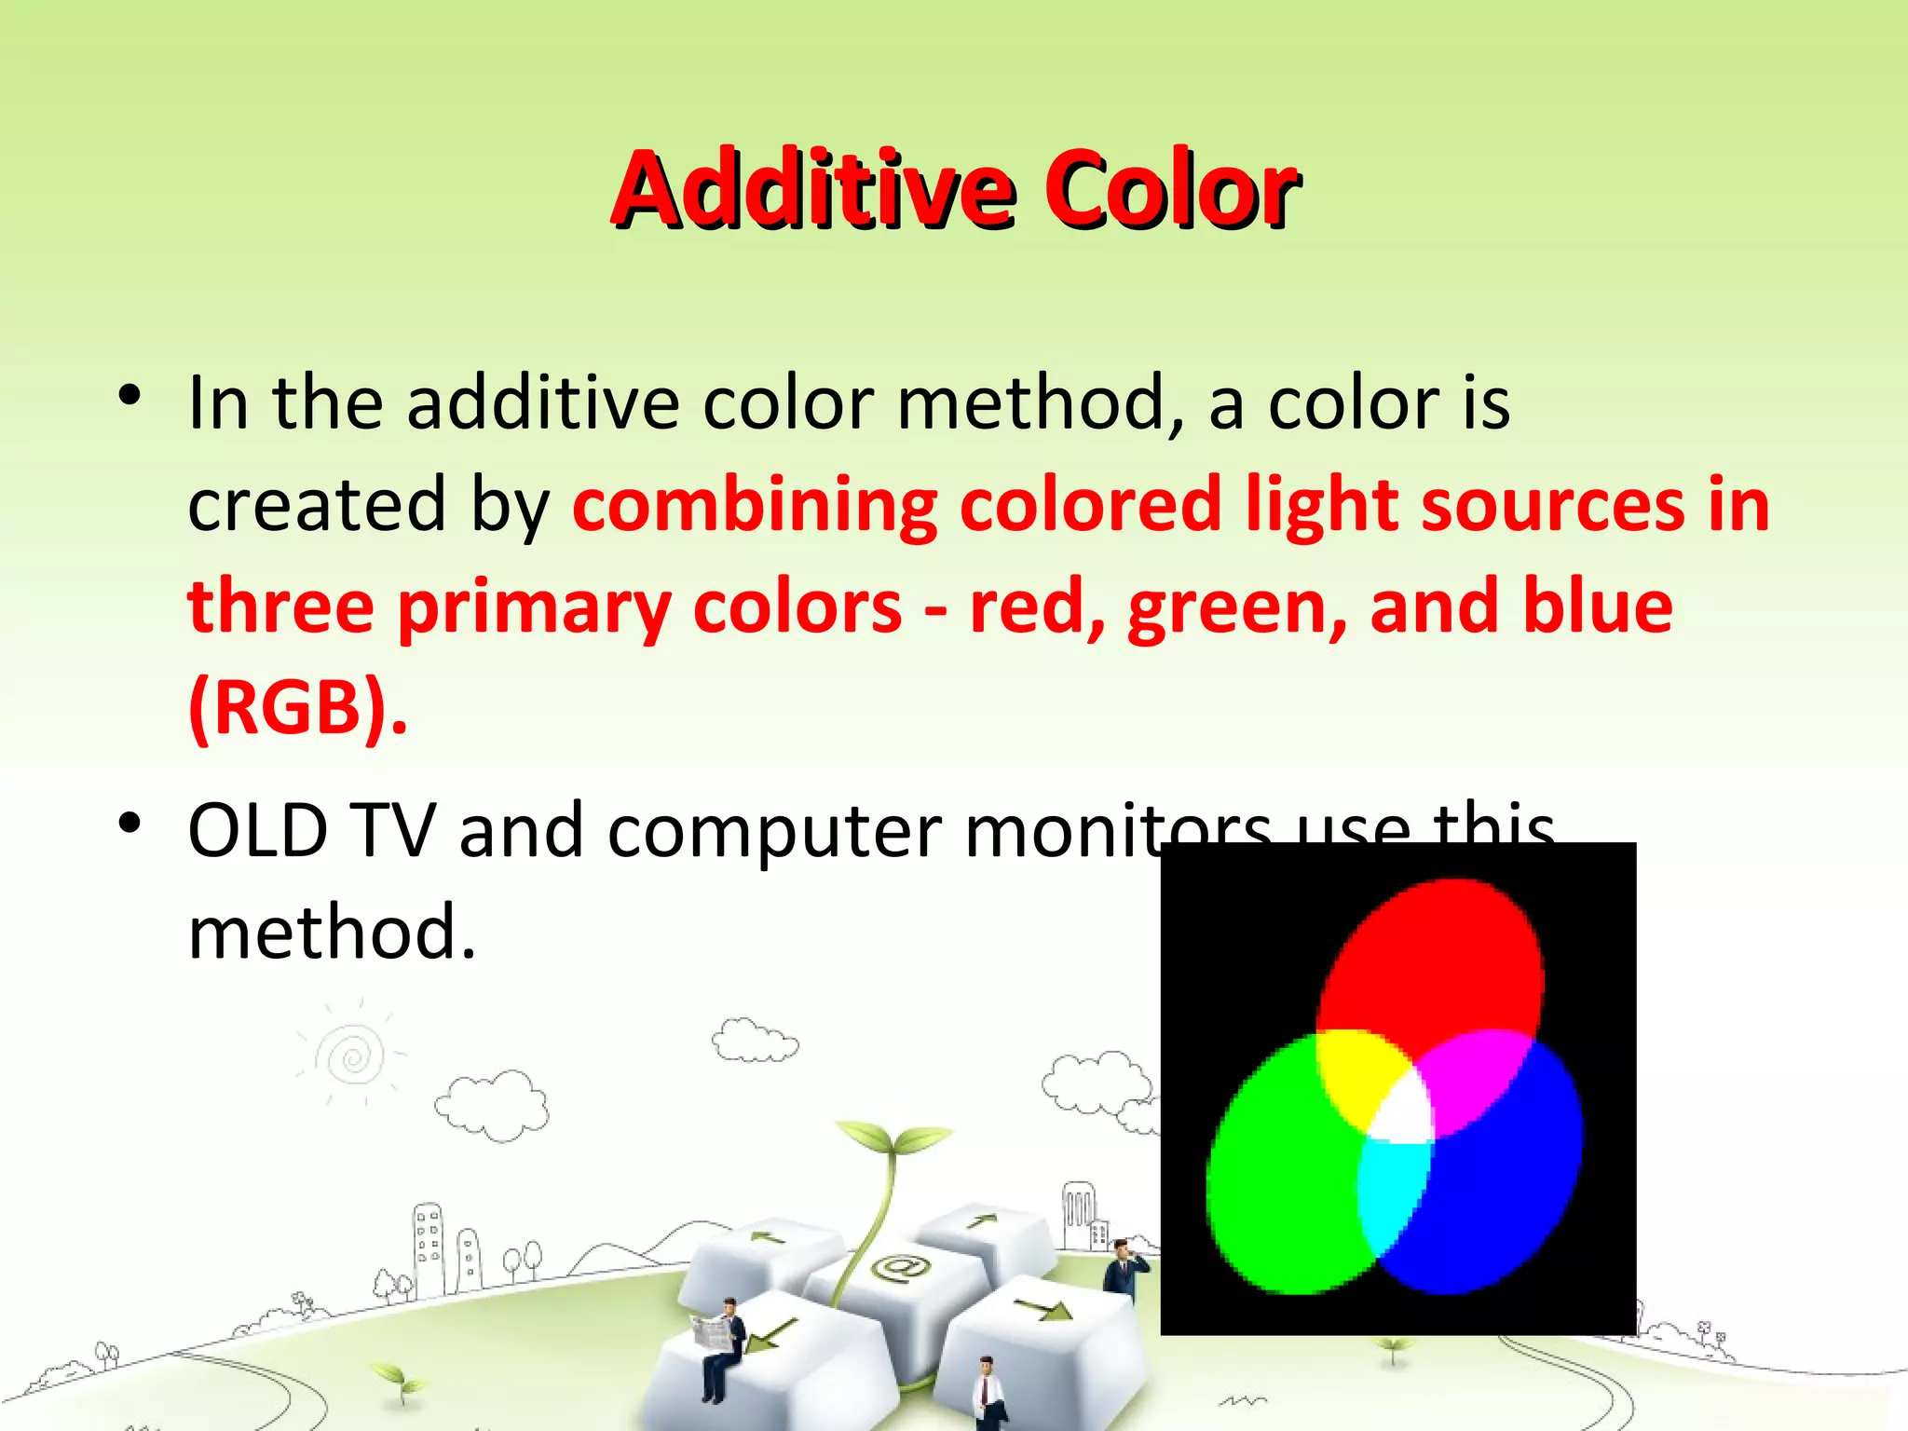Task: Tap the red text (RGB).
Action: (296, 708)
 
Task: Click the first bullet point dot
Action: (129, 396)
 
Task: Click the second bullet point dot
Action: (129, 823)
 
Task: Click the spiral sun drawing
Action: (352, 1057)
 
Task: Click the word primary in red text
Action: (535, 608)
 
